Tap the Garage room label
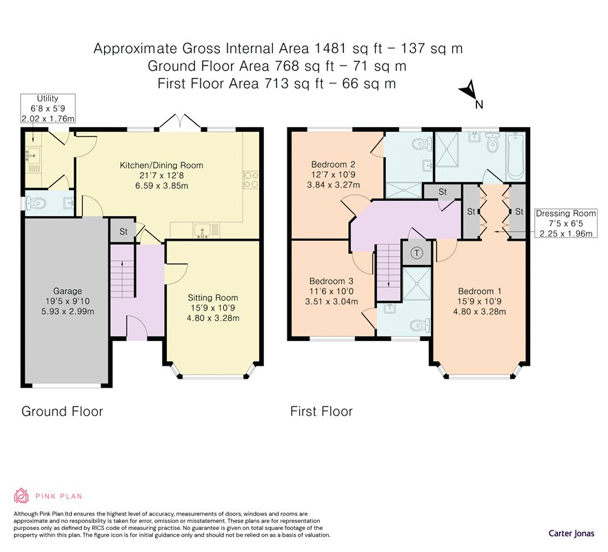(68, 301)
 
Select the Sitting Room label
(213, 308)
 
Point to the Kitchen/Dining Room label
(161, 175)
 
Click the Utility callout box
(48, 108)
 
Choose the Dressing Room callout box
(566, 223)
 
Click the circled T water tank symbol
(417, 253)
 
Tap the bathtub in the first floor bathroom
(516, 157)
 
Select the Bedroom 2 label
(333, 175)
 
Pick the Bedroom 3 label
(332, 291)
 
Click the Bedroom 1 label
(480, 302)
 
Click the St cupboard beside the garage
(123, 231)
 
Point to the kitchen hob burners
(251, 179)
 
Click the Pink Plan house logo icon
(21, 495)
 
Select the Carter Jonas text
(571, 533)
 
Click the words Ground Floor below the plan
(62, 411)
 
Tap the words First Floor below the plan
(321, 411)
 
